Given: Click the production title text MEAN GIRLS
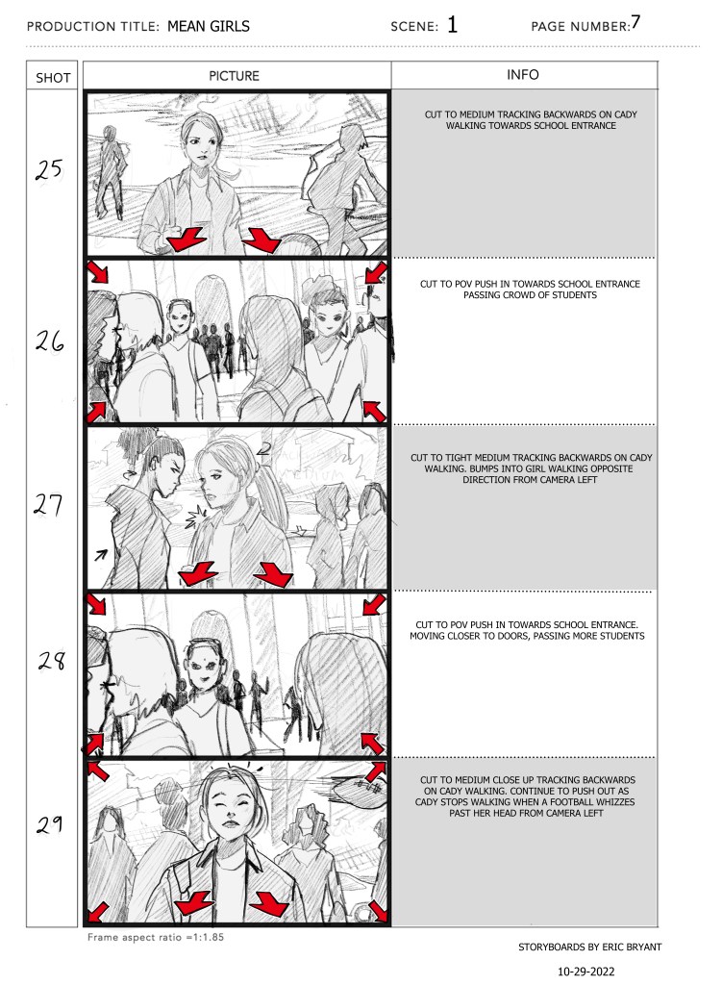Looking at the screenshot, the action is [209, 26].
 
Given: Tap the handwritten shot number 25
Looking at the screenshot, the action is [49, 169].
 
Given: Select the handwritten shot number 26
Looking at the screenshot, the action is [50, 341].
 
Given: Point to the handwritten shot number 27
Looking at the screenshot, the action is [48, 504].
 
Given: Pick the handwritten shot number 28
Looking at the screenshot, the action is [52, 660].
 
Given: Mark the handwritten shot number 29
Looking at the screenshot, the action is [50, 823].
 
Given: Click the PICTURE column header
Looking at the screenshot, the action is [235, 76].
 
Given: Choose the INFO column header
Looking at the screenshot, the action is [523, 75].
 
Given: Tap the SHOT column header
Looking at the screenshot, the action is [53, 78].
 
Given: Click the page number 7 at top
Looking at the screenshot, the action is [636, 22].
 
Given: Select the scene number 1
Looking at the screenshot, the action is [453, 24].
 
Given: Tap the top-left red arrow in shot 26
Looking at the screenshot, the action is [98, 272].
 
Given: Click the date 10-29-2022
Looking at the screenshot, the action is [586, 972].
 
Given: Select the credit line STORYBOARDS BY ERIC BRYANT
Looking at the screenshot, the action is [590, 947].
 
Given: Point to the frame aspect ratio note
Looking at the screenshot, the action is [156, 937].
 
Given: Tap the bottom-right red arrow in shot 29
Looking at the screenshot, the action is [378, 911].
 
